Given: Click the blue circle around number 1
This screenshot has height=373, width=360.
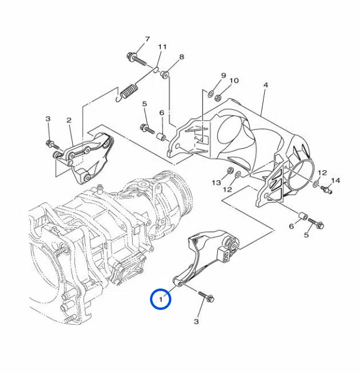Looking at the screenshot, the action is point(161,289).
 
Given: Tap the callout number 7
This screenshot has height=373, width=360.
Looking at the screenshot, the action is point(148,39).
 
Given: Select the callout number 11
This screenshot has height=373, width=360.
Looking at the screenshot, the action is point(162,46).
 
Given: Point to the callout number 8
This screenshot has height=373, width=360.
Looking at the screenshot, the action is point(181,57).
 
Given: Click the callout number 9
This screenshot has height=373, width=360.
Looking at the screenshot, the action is point(223,76).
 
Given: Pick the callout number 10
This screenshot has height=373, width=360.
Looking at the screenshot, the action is point(234,81).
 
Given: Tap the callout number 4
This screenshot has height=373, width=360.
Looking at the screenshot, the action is point(266,85).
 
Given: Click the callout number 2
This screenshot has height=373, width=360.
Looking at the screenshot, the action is point(69,120).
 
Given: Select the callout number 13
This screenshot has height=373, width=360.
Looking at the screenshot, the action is point(217,183).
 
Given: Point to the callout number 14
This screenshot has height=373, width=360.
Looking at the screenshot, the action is point(336,181).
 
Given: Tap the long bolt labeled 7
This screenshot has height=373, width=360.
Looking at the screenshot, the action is point(136,59).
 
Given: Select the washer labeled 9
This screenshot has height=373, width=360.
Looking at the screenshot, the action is point(211,93).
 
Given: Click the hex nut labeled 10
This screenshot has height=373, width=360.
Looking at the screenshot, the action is point(217,98).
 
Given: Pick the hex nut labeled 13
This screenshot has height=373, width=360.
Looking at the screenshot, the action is point(230,171).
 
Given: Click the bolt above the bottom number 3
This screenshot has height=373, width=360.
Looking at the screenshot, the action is point(206,296).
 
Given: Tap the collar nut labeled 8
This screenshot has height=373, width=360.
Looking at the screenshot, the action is point(165,74).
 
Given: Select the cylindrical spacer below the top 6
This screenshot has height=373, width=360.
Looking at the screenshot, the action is point(161,137).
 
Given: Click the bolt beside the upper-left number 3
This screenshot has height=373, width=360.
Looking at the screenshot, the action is point(52,145).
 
